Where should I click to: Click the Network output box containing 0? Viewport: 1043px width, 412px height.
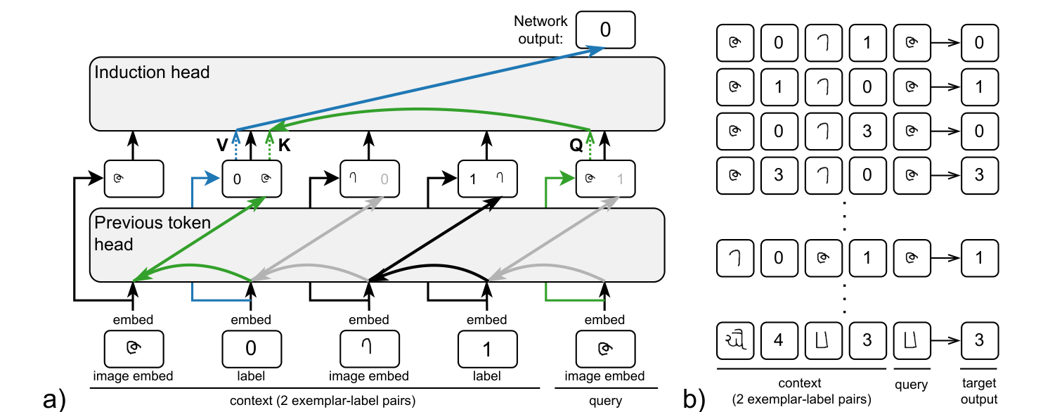[x=604, y=30]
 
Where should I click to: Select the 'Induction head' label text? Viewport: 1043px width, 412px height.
[x=152, y=72]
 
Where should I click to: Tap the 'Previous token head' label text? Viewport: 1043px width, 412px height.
[x=152, y=233]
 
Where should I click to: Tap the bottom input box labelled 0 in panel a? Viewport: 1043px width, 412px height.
[x=251, y=348]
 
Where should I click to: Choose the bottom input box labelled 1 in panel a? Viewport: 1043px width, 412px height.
[x=487, y=348]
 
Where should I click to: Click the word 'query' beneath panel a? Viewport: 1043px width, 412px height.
[x=605, y=401]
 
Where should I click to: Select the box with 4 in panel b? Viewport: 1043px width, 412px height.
[x=778, y=339]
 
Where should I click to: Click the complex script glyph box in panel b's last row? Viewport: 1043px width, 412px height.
[x=734, y=339]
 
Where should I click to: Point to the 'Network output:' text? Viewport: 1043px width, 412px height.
[x=540, y=30]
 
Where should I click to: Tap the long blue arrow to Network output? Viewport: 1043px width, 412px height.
[x=422, y=88]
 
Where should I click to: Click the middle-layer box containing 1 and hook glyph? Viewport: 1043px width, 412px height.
[x=487, y=179]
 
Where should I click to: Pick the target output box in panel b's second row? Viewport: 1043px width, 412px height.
[x=980, y=87]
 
